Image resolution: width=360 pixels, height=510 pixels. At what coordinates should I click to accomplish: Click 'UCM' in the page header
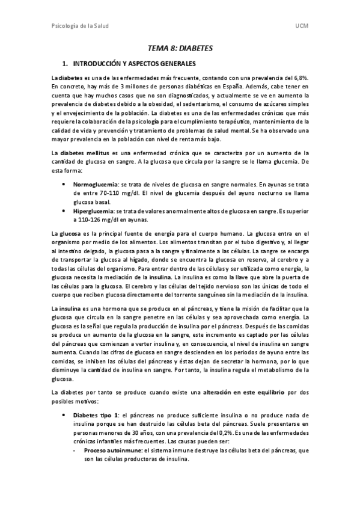302,27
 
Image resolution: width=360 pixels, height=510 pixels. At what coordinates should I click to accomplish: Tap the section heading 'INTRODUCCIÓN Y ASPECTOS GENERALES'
133,63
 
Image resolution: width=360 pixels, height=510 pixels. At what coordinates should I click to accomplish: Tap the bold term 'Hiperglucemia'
95,211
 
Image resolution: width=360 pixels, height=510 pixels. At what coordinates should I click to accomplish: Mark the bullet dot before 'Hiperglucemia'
64,211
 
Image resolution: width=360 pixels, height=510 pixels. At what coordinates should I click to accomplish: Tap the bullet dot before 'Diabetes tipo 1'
64,415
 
